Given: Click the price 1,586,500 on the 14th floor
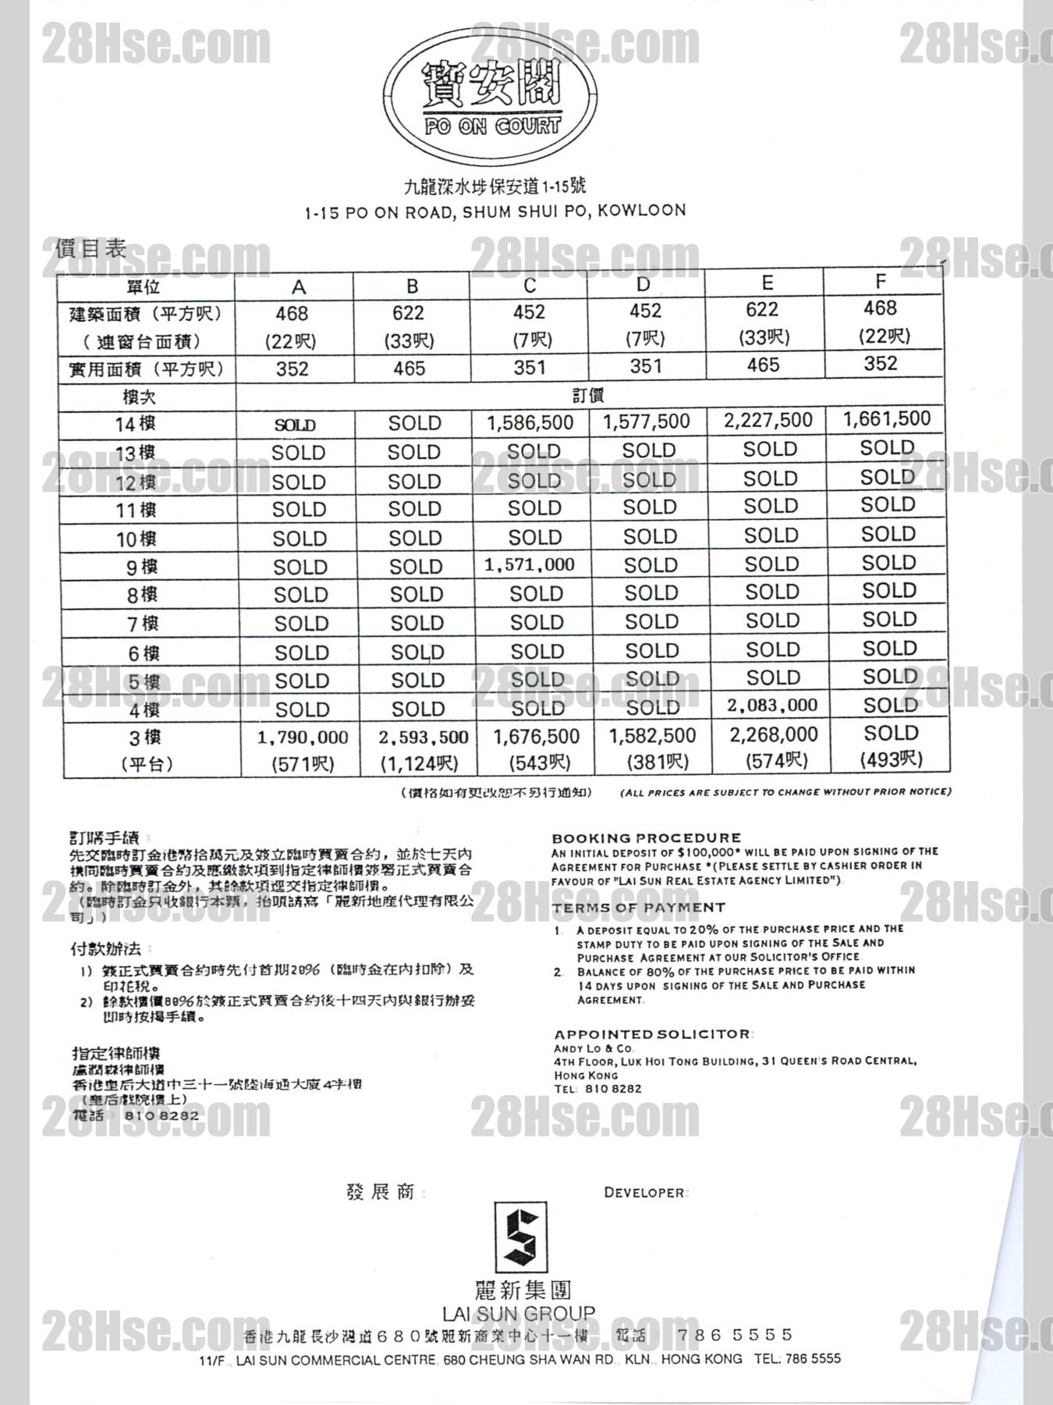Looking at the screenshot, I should pyautogui.click(x=530, y=423).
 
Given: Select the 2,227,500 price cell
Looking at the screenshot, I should pyautogui.click(x=768, y=421).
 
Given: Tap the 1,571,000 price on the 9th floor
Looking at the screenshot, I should pyautogui.click(x=530, y=565).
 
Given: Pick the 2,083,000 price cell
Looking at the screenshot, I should pyautogui.click(x=771, y=706).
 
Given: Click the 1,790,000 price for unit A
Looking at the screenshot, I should pyautogui.click(x=303, y=738).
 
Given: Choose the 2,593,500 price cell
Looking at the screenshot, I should pyautogui.click(x=423, y=737).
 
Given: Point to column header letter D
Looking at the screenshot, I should pyautogui.click(x=643, y=284).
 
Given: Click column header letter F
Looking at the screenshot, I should pyautogui.click(x=881, y=281).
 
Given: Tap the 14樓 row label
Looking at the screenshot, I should pyautogui.click(x=135, y=425).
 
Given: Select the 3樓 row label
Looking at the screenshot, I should pyautogui.click(x=144, y=738).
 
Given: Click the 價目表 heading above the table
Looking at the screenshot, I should pyautogui.click(x=90, y=250).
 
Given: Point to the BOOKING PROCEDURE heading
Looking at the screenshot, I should pyautogui.click(x=647, y=838).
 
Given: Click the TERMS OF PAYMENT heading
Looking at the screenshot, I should pyautogui.click(x=639, y=908).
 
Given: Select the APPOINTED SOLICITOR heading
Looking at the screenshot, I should pyautogui.click(x=652, y=1034).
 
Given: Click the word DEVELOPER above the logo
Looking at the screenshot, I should pyautogui.click(x=643, y=1193).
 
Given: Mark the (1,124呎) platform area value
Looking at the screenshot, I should pyautogui.click(x=419, y=764).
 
